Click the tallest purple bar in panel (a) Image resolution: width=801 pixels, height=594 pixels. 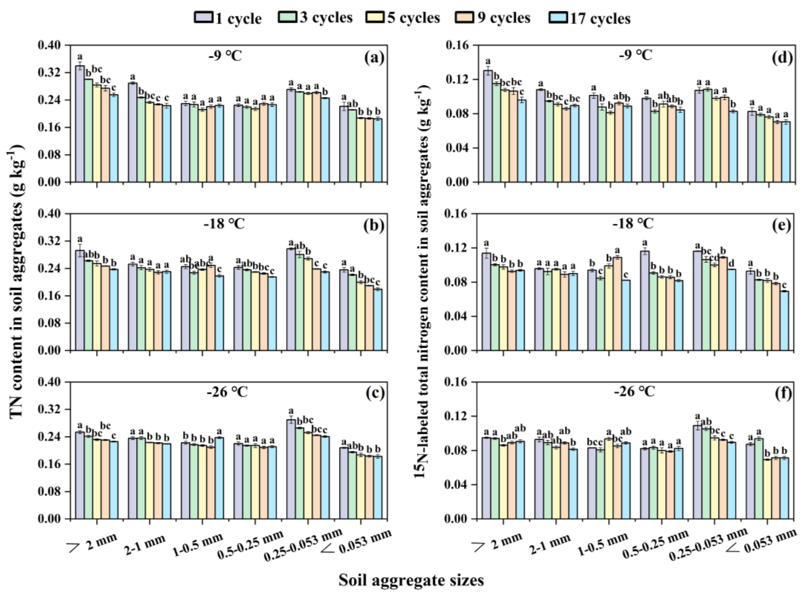[x=80, y=124]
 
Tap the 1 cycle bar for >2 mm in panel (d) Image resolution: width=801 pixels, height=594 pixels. [x=487, y=127]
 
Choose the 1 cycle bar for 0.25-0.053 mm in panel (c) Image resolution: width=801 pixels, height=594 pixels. [x=291, y=469]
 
